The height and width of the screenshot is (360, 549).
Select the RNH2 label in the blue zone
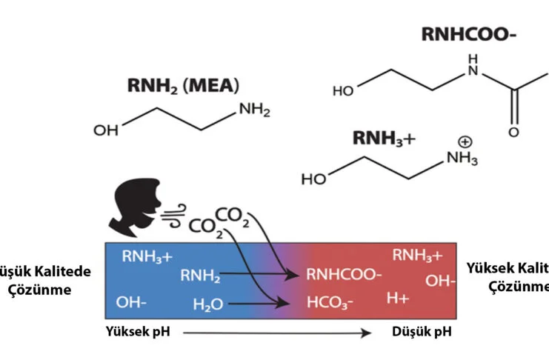pyautogui.click(x=200, y=276)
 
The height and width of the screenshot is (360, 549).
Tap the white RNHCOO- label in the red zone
pyautogui.click(x=344, y=276)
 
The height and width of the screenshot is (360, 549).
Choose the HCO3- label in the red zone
pyautogui.click(x=330, y=303)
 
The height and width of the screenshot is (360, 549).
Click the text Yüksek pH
pyautogui.click(x=139, y=331)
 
